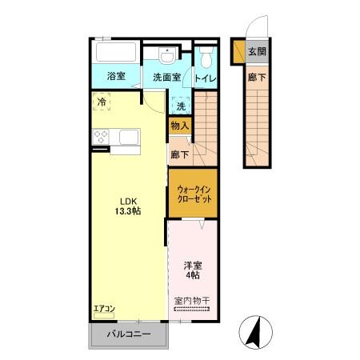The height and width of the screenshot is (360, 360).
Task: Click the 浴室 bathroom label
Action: (116, 77)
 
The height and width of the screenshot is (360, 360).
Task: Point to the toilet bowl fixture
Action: (206, 58)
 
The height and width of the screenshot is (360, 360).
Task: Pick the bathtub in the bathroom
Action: (115, 54)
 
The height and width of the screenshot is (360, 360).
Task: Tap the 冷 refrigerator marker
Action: (102, 102)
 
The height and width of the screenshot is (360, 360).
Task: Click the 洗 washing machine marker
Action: (182, 106)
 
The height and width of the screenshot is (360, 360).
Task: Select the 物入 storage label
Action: (180, 125)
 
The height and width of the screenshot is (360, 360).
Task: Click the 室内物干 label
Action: (192, 302)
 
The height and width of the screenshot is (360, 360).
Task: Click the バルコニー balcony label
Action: (128, 335)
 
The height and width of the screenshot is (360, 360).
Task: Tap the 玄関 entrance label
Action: (257, 52)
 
